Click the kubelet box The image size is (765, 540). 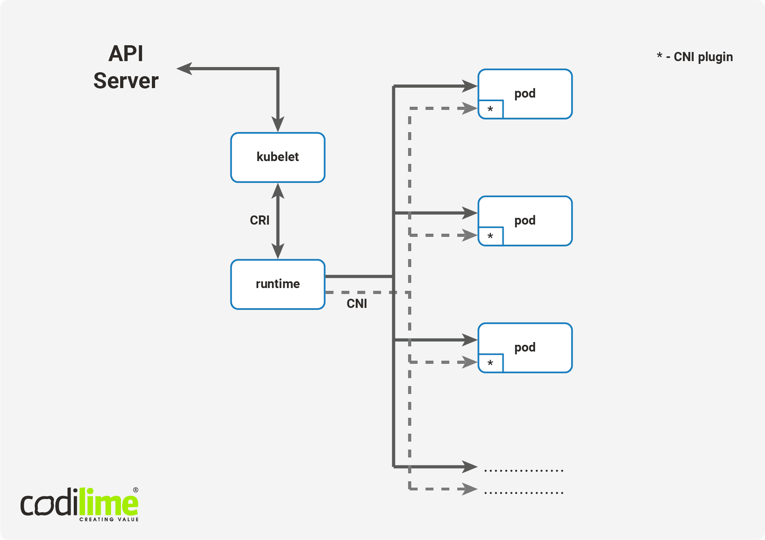coord(278,158)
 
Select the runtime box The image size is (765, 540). coord(278,284)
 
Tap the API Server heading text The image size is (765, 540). coord(126,67)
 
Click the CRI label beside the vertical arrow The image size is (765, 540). coord(259,220)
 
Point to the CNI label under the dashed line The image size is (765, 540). coord(357,304)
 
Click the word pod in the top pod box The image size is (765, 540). coord(525,94)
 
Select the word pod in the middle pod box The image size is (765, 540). coord(525,221)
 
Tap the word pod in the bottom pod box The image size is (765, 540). coord(525,348)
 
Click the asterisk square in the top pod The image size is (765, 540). coord(491,110)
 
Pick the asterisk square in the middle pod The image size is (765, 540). coord(491,236)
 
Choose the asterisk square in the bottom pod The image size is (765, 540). coord(491,363)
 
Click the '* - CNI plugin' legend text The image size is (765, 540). coord(694,57)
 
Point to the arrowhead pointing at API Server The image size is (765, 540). coord(184,69)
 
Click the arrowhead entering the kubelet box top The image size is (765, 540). coord(278,125)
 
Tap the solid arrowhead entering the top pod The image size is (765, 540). coord(470,86)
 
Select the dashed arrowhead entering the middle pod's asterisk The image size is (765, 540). coord(470,235)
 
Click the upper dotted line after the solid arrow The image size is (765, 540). coord(523,471)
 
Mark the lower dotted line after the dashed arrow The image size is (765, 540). coord(523,493)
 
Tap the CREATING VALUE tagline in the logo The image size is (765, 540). coord(109,519)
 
